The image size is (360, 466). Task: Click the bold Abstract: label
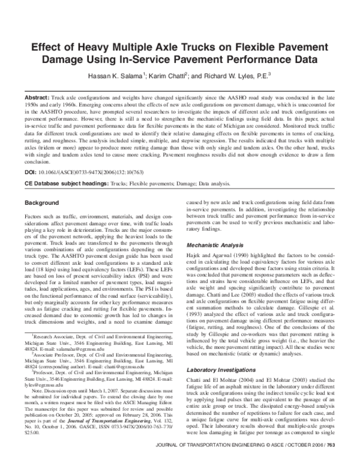38,97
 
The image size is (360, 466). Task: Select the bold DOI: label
31,172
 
